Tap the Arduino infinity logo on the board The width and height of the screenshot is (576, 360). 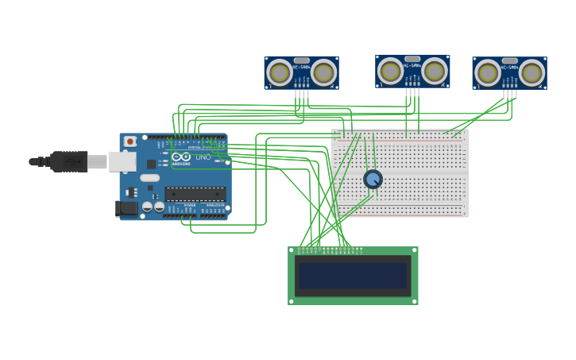[x=181, y=157]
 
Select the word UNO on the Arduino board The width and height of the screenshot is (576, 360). [x=203, y=157]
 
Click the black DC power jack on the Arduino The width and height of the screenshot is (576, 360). [x=126, y=208]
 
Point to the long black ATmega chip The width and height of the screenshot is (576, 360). [x=195, y=194]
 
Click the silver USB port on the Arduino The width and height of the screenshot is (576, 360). [x=122, y=161]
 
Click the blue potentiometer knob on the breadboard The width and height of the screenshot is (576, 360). [x=373, y=179]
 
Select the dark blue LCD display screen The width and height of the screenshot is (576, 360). [x=353, y=276]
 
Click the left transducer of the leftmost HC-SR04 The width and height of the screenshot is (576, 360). [x=280, y=73]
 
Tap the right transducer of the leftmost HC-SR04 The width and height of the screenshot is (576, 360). [x=323, y=73]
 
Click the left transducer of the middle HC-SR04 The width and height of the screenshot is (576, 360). [x=390, y=71]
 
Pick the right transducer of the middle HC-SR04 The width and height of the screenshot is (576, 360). [x=434, y=71]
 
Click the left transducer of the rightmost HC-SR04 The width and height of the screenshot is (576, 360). [x=487, y=73]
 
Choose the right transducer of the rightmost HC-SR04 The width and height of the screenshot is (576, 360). [x=531, y=73]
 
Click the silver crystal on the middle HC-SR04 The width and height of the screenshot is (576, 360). [x=412, y=58]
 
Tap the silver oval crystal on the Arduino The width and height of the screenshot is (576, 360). [x=150, y=178]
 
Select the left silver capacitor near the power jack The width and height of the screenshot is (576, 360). [x=147, y=207]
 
